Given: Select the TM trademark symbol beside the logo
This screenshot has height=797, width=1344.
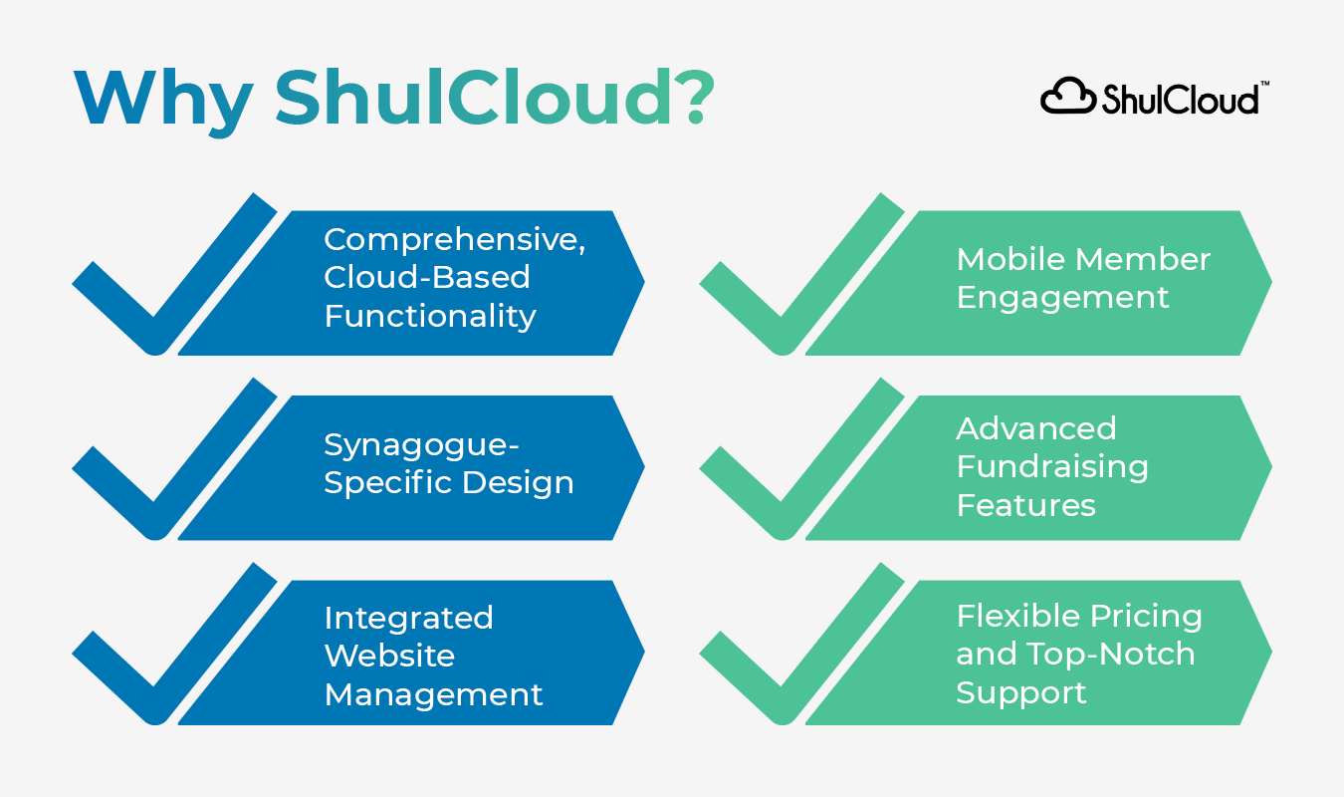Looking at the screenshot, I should pyautogui.click(x=1264, y=86).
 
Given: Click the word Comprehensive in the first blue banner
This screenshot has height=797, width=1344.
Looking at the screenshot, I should pyautogui.click(x=454, y=240).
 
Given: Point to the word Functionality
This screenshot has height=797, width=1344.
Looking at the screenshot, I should pyautogui.click(x=430, y=316).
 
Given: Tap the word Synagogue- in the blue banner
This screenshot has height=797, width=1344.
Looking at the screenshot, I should pyautogui.click(x=422, y=444).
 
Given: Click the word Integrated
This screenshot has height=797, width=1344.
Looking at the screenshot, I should pyautogui.click(x=408, y=618).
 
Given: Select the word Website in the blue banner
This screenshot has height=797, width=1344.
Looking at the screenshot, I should pyautogui.click(x=389, y=656).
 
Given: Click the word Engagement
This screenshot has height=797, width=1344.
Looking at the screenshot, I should pyautogui.click(x=1062, y=297).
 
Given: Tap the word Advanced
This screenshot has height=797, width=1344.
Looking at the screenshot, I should pyautogui.click(x=1036, y=428).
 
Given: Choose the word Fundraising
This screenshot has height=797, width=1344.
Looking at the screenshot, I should pyautogui.click(x=1052, y=466).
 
